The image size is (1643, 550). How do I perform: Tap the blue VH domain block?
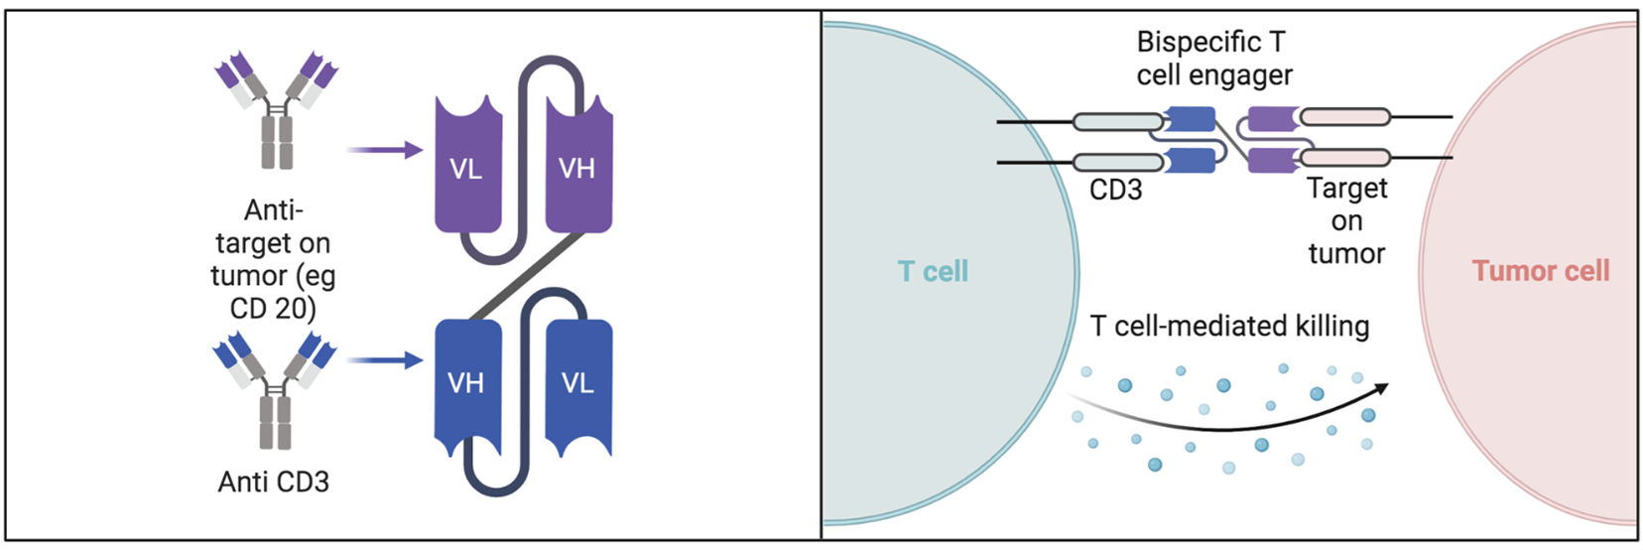click(x=467, y=382)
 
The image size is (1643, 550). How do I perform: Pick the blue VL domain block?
click(x=578, y=382)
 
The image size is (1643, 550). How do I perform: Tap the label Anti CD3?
click(x=274, y=482)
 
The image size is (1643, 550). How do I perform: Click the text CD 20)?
click(x=273, y=309)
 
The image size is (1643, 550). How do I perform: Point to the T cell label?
click(x=933, y=272)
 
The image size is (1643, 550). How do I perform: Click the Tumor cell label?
click(x=1540, y=271)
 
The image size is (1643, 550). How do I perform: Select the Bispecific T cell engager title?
click(x=1213, y=59)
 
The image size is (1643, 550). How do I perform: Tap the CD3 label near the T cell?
click(x=1115, y=190)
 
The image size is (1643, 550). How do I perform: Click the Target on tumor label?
click(x=1346, y=220)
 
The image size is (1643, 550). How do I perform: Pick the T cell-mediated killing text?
click(x=1229, y=327)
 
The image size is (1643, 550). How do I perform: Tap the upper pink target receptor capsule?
click(x=1344, y=118)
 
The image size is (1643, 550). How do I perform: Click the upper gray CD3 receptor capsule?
click(x=1117, y=122)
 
